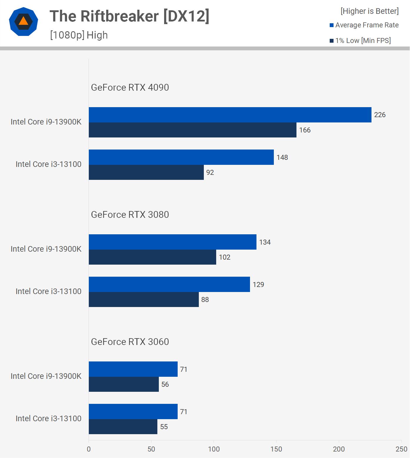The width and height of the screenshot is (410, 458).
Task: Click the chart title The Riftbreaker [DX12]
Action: [x=129, y=16]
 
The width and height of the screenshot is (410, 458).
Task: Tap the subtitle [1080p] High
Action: [x=79, y=35]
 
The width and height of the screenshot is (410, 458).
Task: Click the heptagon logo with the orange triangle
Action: [x=24, y=21]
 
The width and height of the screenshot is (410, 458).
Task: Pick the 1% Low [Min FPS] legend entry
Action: [x=360, y=41]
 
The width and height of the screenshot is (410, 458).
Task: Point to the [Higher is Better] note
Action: [x=369, y=11]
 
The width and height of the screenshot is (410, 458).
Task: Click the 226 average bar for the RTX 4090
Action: [x=230, y=115]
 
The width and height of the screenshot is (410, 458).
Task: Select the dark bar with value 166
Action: [x=192, y=130]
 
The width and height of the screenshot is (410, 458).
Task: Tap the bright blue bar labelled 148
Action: [x=181, y=157]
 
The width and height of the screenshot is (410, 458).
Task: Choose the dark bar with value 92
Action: [x=146, y=172]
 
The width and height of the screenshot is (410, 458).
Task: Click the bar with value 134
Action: [x=172, y=242]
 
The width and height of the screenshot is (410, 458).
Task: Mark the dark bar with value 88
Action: [x=144, y=300]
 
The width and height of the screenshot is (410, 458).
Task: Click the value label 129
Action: [x=258, y=285]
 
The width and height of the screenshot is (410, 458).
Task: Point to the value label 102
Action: [x=224, y=257]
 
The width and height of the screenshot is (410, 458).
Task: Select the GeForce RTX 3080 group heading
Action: [x=130, y=215]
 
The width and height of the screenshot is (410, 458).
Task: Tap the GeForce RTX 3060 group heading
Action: [x=130, y=342]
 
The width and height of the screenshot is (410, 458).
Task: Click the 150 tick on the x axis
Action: [x=276, y=449]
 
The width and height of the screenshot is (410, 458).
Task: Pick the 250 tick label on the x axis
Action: [x=401, y=449]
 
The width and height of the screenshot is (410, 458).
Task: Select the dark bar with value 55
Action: [x=123, y=427]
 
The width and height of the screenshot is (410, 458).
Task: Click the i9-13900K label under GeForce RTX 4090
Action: [x=46, y=122]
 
